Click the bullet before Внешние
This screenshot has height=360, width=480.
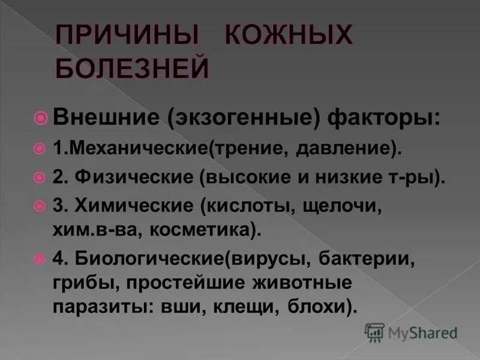[41, 118]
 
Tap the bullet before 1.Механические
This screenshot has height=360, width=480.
[41, 148]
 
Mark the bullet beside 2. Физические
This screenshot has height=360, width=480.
[41, 178]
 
